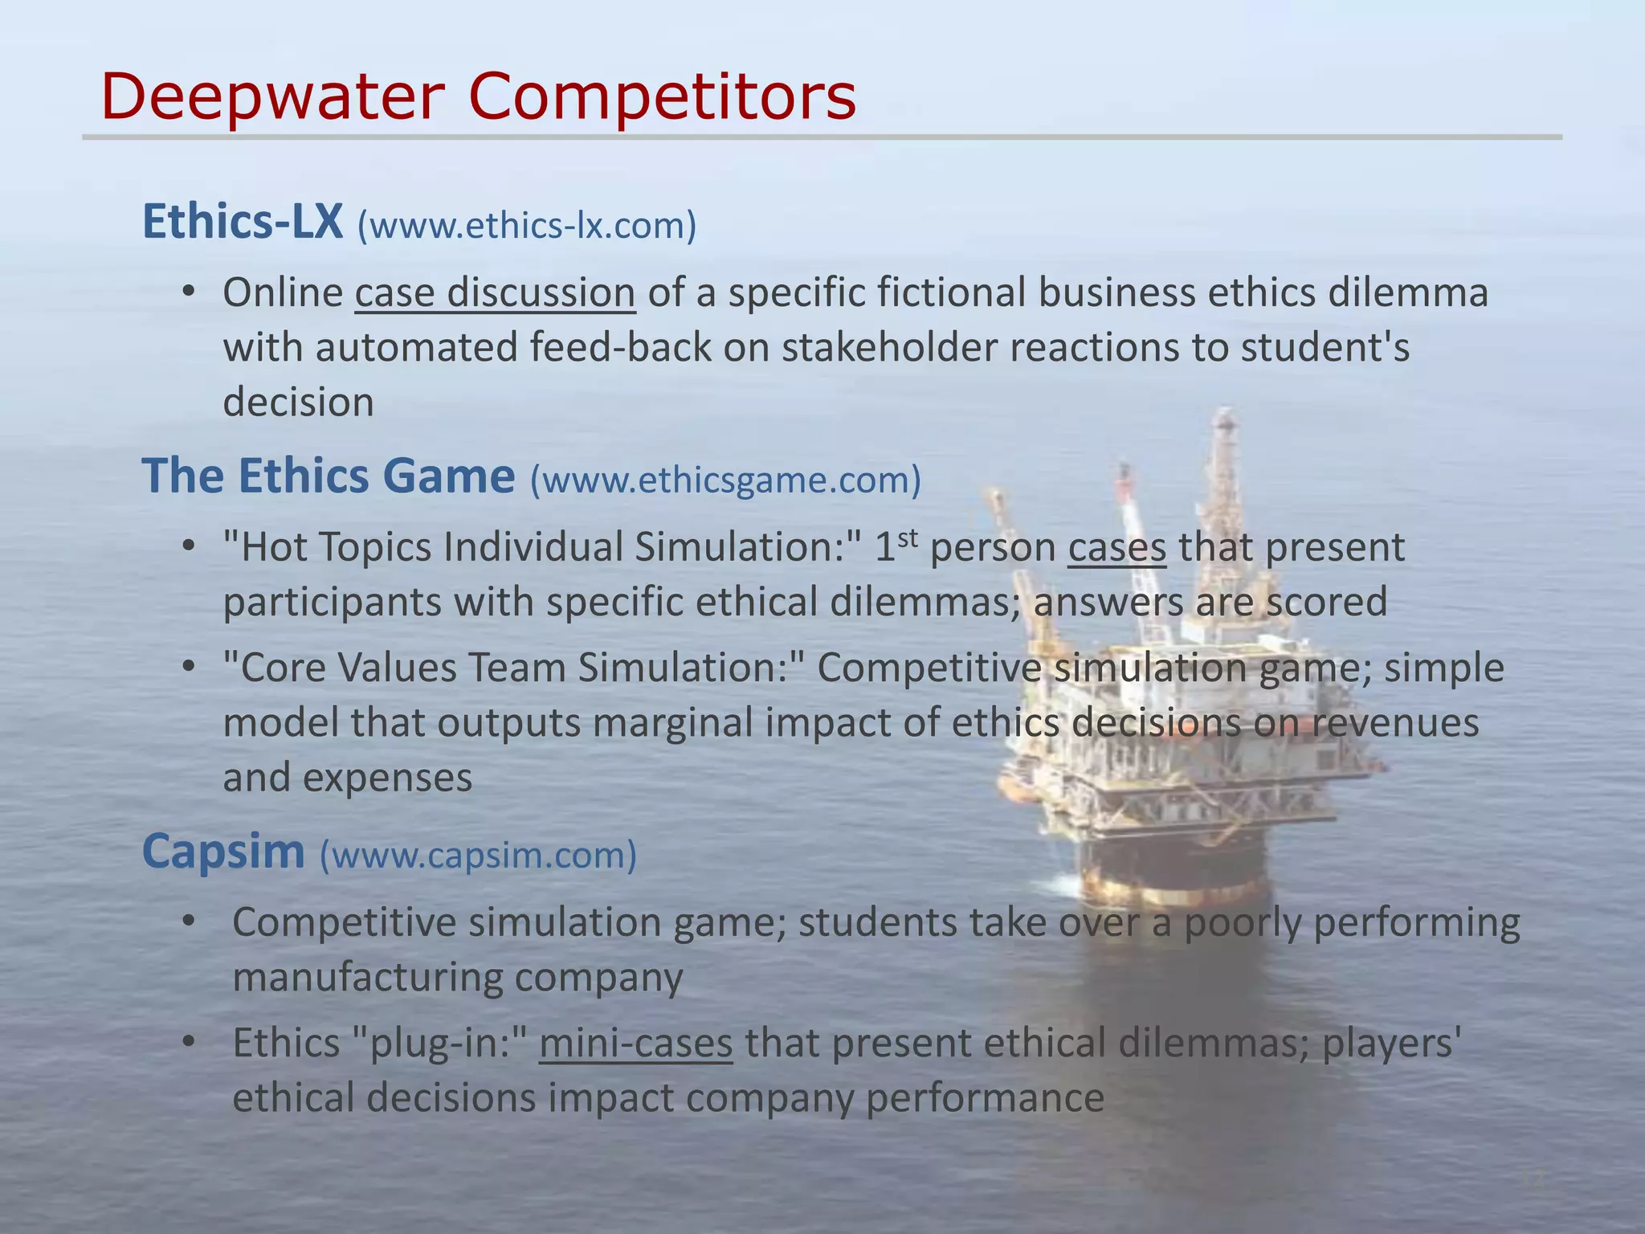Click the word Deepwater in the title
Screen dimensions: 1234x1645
(x=273, y=96)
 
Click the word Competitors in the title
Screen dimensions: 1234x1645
(x=662, y=96)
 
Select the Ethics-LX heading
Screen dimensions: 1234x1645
(x=243, y=222)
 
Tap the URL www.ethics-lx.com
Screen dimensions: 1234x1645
(x=527, y=226)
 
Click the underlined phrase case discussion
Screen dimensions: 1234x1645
(x=495, y=292)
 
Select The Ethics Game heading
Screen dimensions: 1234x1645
(x=328, y=476)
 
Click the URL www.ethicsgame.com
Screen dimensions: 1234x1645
(x=725, y=480)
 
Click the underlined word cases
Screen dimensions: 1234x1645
(x=1116, y=547)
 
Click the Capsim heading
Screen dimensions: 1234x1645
(x=223, y=851)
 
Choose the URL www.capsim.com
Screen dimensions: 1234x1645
(x=478, y=855)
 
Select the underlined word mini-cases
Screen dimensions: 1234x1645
(x=635, y=1043)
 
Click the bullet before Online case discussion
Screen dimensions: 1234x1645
(x=188, y=292)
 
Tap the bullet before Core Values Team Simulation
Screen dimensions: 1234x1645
(x=188, y=668)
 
